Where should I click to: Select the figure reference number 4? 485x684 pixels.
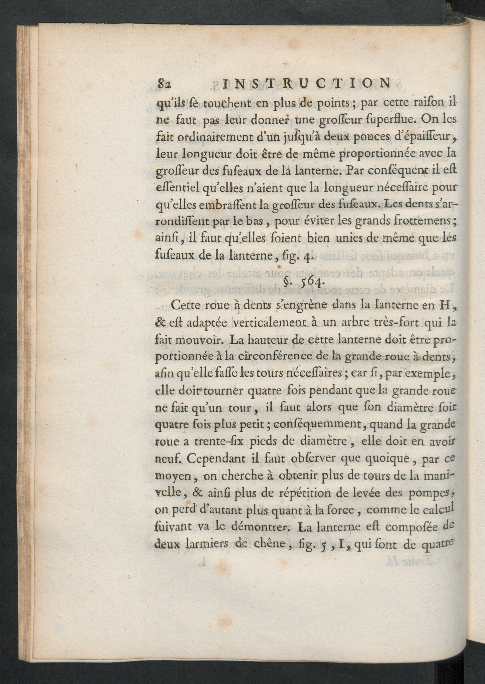point(307,257)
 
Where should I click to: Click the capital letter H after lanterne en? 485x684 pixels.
point(441,306)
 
